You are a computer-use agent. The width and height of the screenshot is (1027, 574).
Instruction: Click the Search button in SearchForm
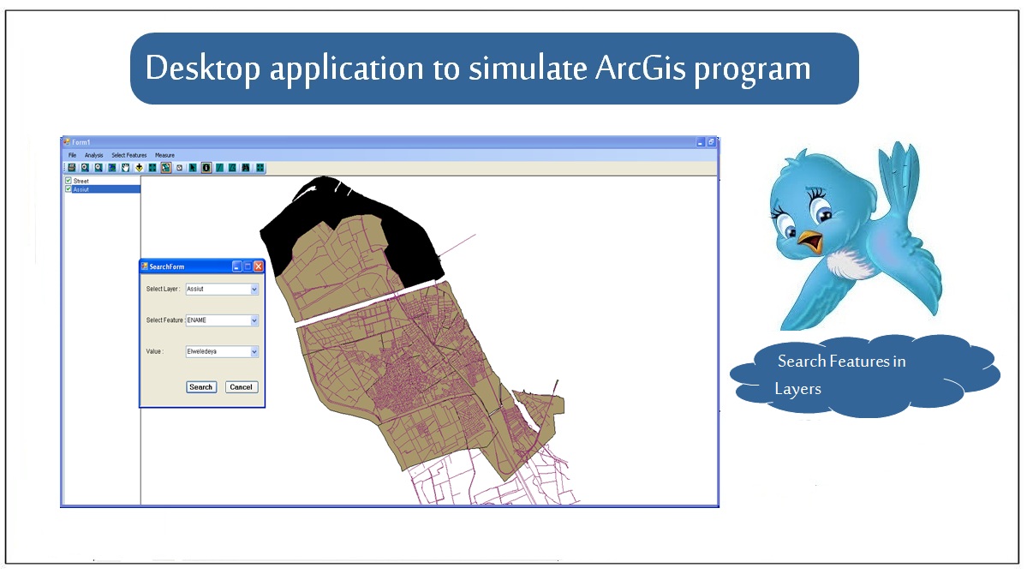(x=201, y=387)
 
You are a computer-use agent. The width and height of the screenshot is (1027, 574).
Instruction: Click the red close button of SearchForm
(x=259, y=266)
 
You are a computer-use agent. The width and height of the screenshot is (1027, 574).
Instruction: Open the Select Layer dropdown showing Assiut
(x=254, y=289)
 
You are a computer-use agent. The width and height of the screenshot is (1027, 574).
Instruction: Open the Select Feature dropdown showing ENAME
(x=254, y=320)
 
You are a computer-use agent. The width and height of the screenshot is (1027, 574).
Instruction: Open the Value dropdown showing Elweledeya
(x=254, y=352)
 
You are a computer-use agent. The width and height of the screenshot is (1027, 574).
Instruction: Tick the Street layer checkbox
(x=69, y=180)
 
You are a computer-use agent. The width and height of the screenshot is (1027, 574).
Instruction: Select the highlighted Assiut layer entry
(x=81, y=189)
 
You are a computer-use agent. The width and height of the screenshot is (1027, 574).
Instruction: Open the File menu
(x=72, y=155)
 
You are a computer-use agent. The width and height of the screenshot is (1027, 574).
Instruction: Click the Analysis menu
(x=93, y=155)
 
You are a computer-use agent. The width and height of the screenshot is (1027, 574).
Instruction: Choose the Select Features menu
(x=129, y=155)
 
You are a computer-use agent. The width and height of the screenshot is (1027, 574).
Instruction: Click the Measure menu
(x=164, y=155)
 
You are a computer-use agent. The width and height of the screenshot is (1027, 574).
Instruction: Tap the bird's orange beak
(x=811, y=241)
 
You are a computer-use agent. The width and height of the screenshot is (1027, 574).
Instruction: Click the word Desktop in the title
(x=202, y=69)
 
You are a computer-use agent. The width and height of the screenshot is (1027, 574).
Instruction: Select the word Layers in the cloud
(x=797, y=389)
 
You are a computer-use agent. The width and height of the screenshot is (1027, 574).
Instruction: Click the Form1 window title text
(x=81, y=142)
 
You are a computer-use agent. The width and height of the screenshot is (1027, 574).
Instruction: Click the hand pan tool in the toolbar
(x=125, y=168)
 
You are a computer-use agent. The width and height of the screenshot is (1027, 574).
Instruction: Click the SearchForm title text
(x=167, y=266)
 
